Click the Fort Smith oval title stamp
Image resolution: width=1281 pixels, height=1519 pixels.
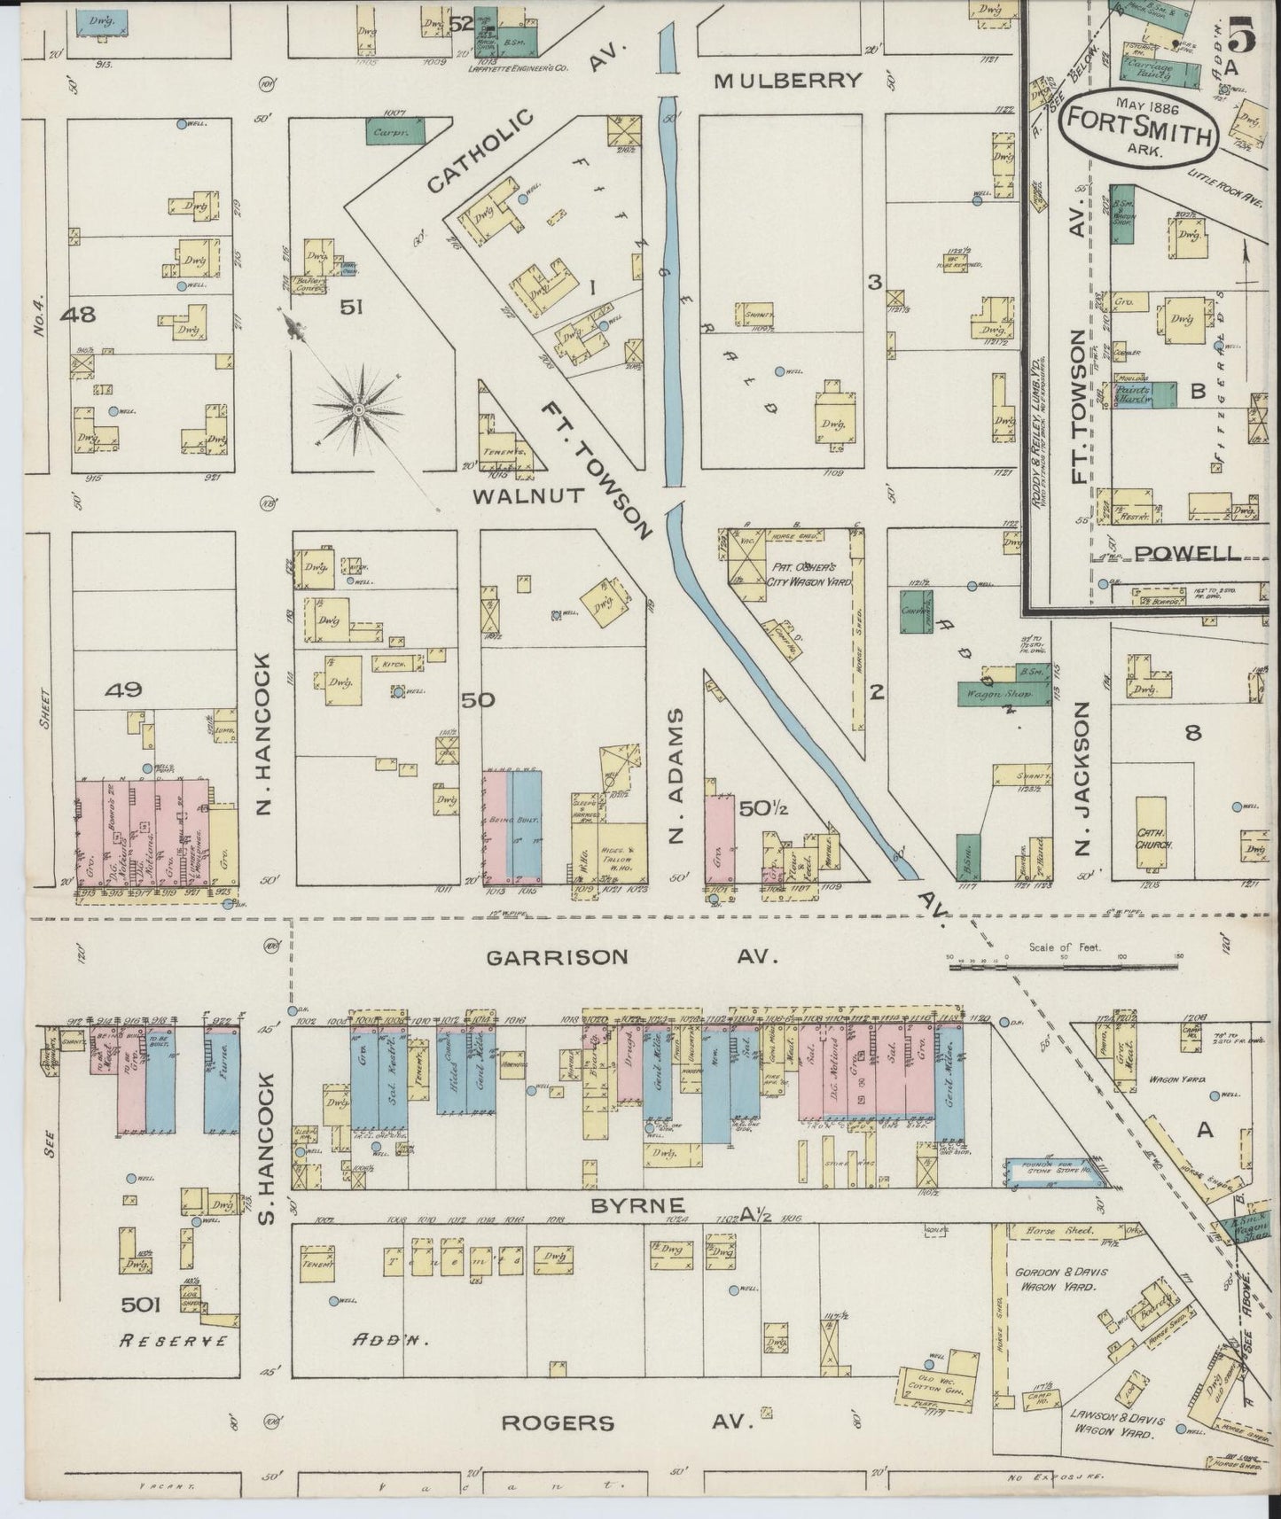pyautogui.click(x=1137, y=124)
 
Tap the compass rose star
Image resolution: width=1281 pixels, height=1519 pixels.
pyautogui.click(x=358, y=409)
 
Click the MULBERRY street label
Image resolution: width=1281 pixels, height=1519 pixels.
pyautogui.click(x=788, y=81)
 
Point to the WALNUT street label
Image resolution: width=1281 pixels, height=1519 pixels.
pyautogui.click(x=529, y=495)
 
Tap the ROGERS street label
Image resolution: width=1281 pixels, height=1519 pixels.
pyautogui.click(x=558, y=1422)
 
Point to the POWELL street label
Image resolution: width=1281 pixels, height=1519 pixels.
pyautogui.click(x=1187, y=553)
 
